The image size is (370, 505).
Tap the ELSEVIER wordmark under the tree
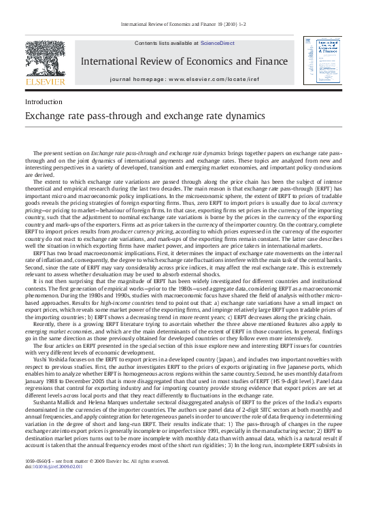click(x=45, y=82)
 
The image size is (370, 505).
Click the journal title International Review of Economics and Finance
click(x=179, y=61)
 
